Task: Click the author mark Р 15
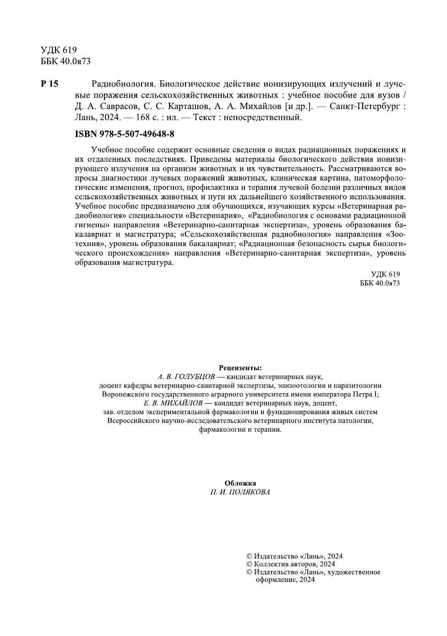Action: (x=49, y=84)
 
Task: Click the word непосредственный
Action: (x=268, y=117)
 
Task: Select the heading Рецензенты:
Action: (x=240, y=367)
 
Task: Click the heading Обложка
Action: (x=240, y=483)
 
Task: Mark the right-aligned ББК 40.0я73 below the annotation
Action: (x=380, y=283)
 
